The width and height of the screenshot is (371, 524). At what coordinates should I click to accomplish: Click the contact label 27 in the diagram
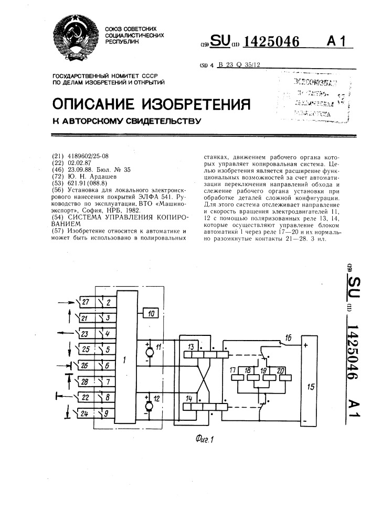85,302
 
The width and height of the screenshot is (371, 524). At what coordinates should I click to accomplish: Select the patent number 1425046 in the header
270,41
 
